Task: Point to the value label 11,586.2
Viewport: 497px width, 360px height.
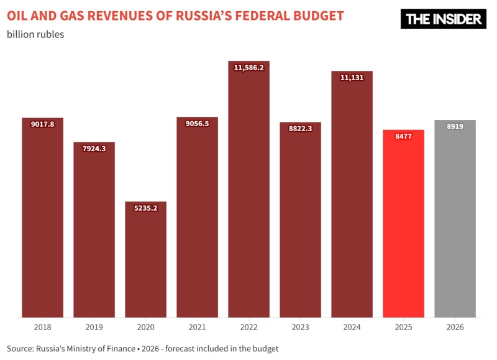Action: click(x=248, y=67)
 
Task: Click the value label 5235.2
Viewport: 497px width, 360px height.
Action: click(x=145, y=208)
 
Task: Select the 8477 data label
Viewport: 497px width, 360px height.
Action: click(x=403, y=136)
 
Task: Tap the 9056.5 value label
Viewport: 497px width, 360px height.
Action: click(x=197, y=124)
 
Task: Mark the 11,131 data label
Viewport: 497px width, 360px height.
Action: click(x=352, y=78)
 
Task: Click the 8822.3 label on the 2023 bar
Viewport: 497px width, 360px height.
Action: click(x=300, y=129)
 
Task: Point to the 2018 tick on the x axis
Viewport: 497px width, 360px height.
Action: click(x=42, y=326)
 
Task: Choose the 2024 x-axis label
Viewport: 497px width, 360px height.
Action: click(x=352, y=326)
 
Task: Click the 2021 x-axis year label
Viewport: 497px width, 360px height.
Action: click(x=197, y=326)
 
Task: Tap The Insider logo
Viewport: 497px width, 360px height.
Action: click(x=443, y=19)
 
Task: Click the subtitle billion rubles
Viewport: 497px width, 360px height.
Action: click(x=35, y=34)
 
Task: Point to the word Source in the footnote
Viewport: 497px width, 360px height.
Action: click(x=21, y=348)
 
